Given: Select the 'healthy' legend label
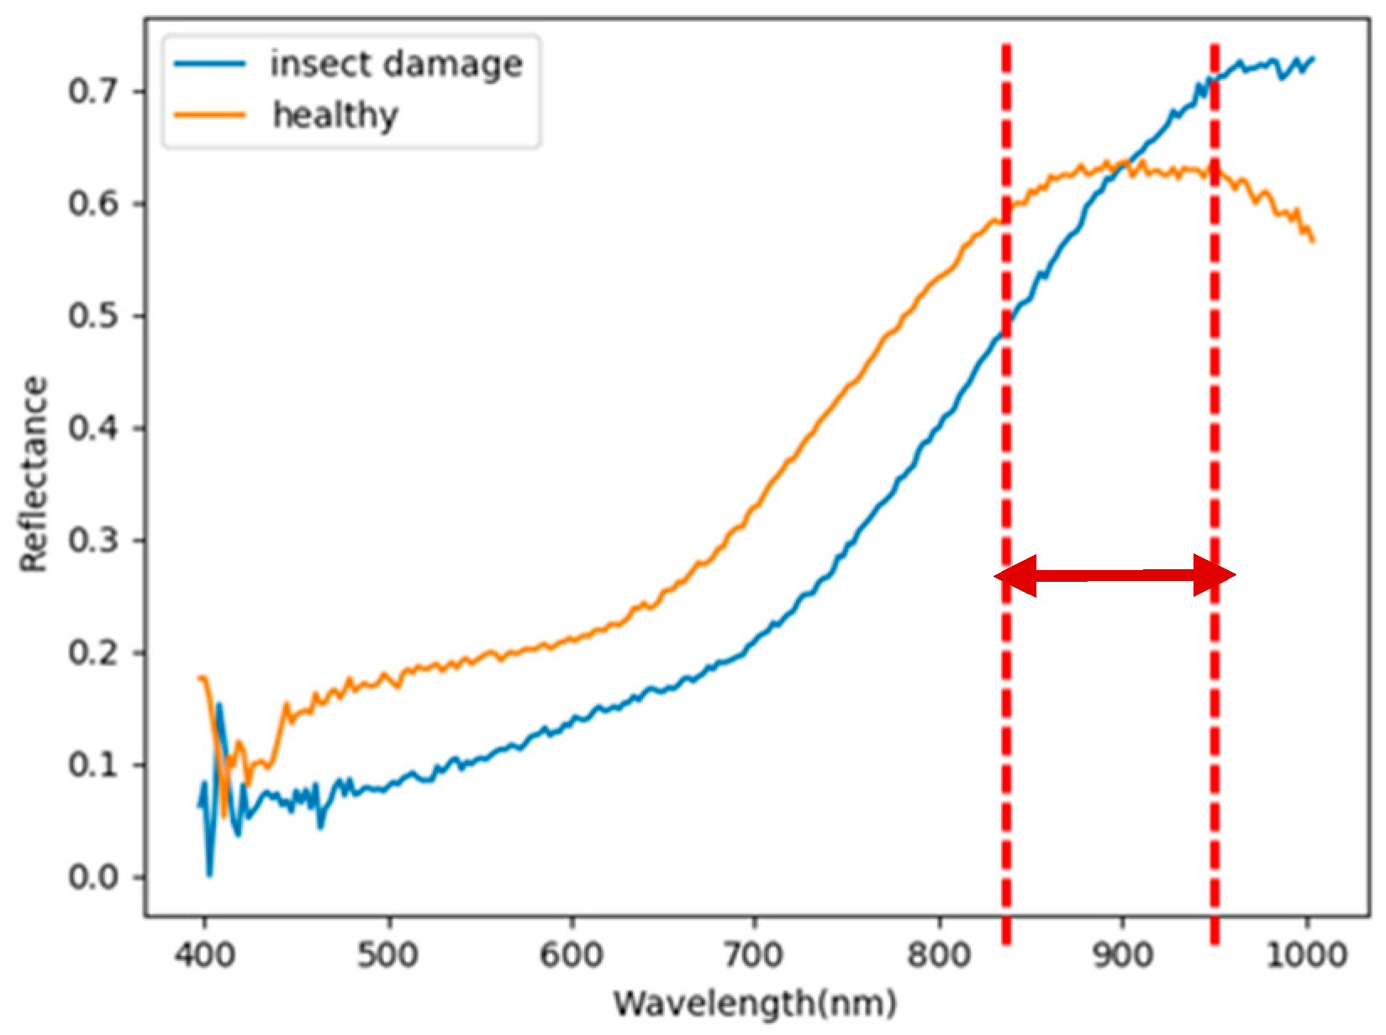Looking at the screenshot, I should (x=335, y=115).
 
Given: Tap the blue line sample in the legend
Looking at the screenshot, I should (x=210, y=64).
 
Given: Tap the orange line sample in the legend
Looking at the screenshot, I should (x=210, y=114).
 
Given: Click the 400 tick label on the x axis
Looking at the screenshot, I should (x=204, y=955).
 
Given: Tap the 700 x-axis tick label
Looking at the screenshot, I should (x=755, y=955).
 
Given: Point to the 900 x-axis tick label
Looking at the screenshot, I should (x=1122, y=955).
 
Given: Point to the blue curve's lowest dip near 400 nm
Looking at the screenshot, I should (x=209, y=874).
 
